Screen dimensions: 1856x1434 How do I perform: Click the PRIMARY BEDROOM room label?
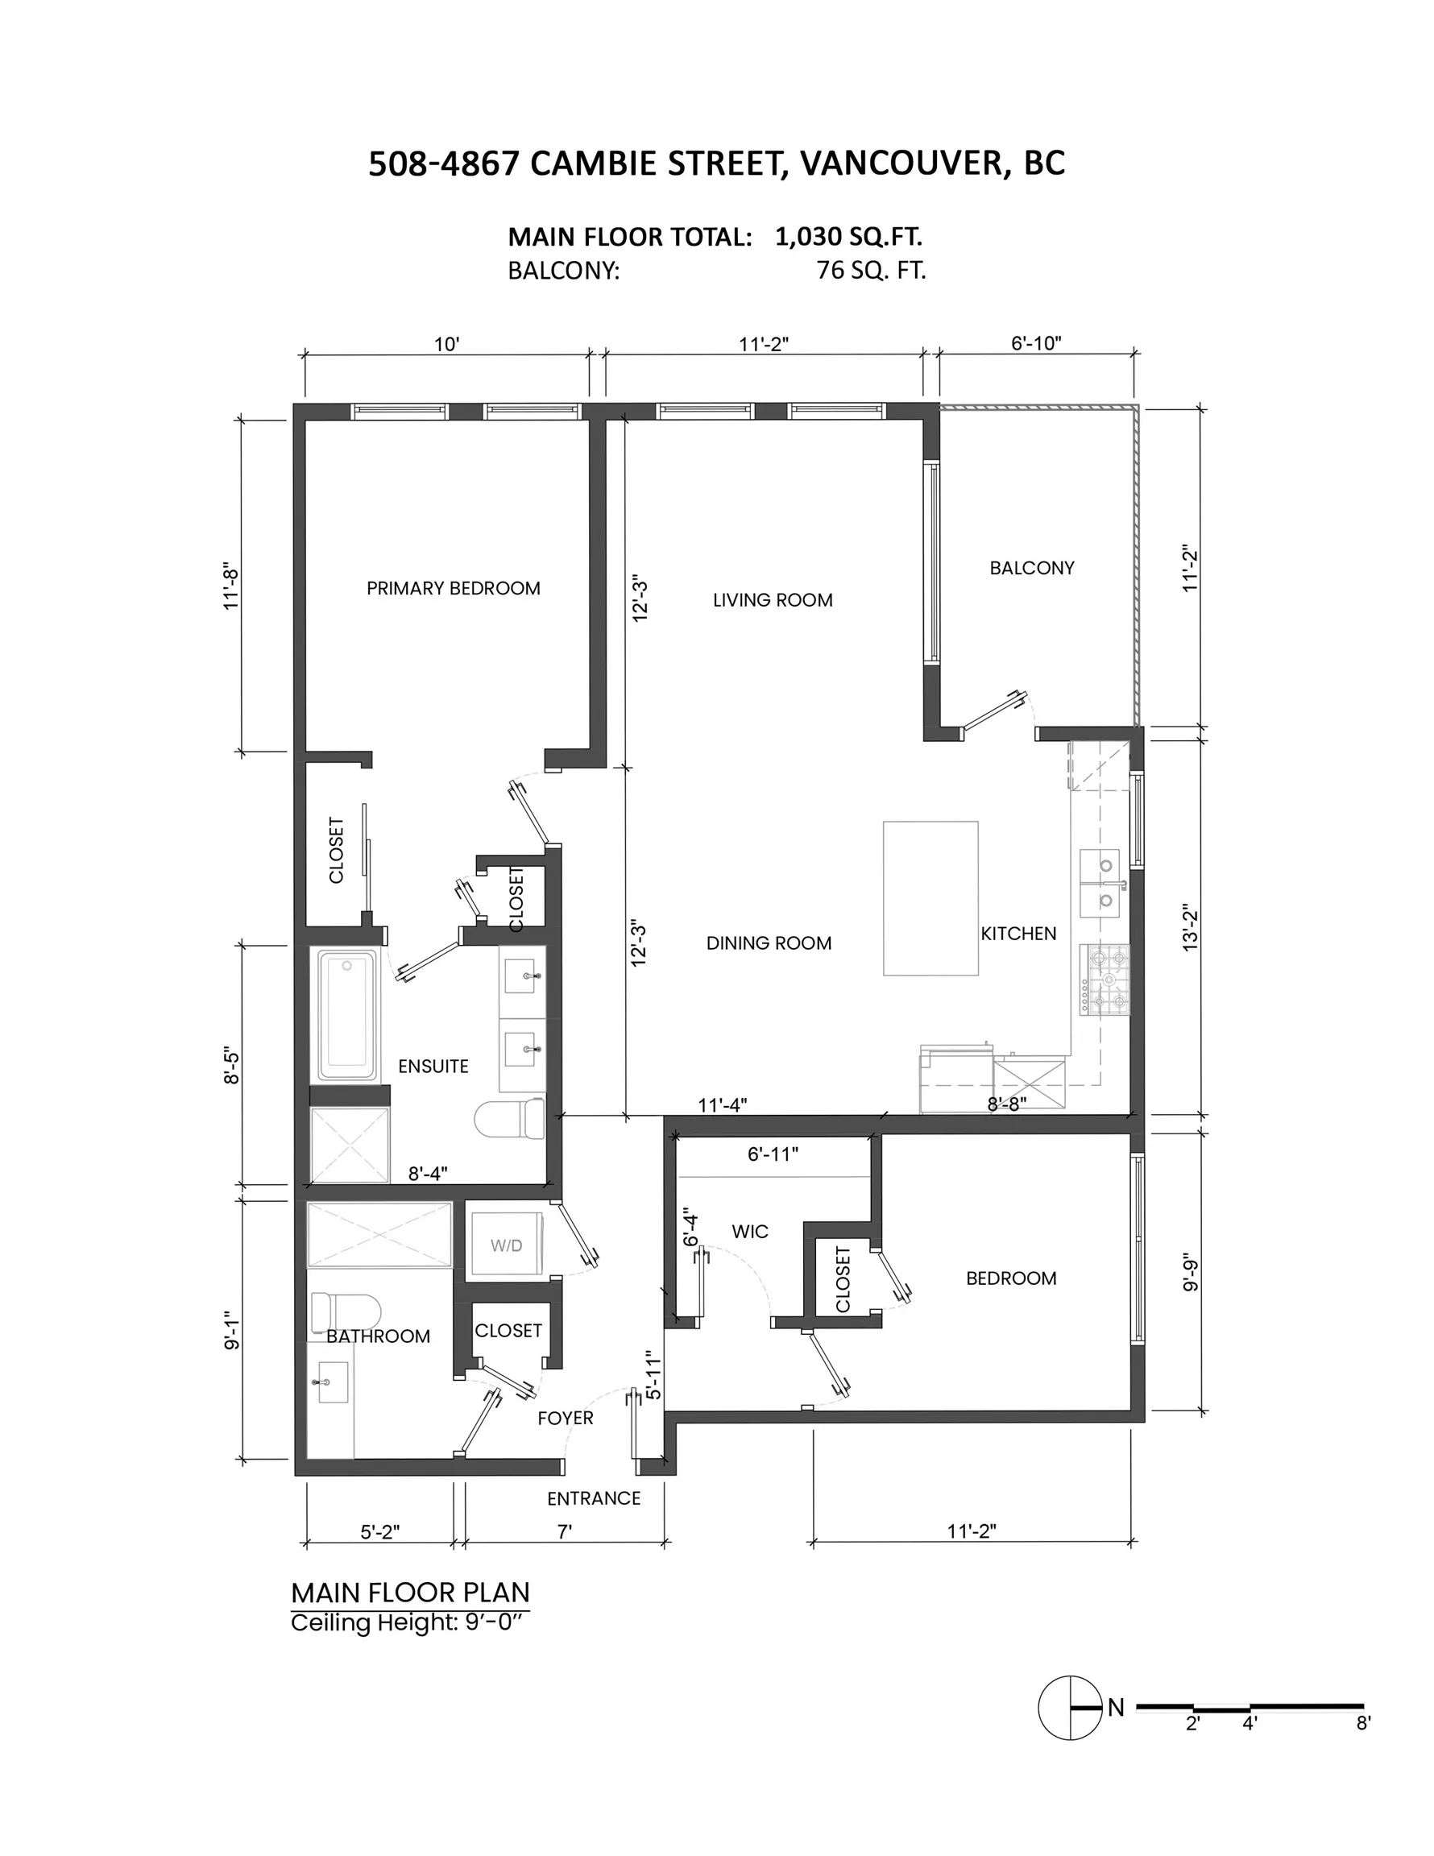(x=453, y=588)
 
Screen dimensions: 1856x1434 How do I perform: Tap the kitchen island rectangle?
(x=930, y=897)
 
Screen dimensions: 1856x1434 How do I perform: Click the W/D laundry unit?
(x=506, y=1244)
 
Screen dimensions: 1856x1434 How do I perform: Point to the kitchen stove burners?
(x=1105, y=979)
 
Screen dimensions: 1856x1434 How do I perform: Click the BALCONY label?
(x=1031, y=568)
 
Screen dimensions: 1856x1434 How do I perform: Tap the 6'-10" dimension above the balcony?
(x=1035, y=343)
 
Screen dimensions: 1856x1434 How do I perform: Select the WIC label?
(x=750, y=1232)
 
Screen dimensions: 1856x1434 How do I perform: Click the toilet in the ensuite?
(x=510, y=1118)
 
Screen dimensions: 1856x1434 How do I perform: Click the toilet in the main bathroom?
(x=344, y=1312)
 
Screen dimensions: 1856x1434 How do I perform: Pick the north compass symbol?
(x=1069, y=1707)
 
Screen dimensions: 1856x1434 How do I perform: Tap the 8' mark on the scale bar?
(x=1362, y=1722)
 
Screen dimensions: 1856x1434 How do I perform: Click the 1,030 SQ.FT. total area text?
(x=848, y=236)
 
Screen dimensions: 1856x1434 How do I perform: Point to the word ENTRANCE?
(x=593, y=1498)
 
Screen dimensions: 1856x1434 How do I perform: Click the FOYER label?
(x=566, y=1418)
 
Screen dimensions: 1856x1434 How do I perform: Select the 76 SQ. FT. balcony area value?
(x=870, y=270)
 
